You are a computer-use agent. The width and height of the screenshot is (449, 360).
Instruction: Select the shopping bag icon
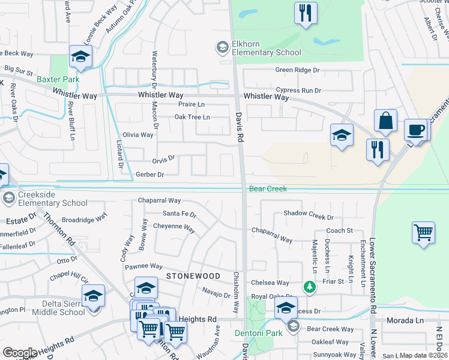coord(385,121)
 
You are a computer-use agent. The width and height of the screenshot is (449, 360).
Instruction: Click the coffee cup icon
coord(415,130)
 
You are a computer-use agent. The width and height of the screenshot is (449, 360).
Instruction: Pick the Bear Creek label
coord(268,189)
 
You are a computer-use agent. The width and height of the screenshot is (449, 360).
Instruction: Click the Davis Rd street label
coord(239,124)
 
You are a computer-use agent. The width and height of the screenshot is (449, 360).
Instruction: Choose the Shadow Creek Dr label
coord(309,214)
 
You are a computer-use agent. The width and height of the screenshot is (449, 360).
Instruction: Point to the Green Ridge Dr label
coord(298,70)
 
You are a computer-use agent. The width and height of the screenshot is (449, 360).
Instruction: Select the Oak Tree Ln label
coord(192,117)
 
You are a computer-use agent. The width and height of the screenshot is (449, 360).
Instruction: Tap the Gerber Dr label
coord(150,174)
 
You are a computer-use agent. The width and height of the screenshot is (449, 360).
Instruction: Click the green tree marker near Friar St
coord(310,287)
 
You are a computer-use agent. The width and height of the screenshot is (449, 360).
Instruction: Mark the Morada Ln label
coord(405,320)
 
